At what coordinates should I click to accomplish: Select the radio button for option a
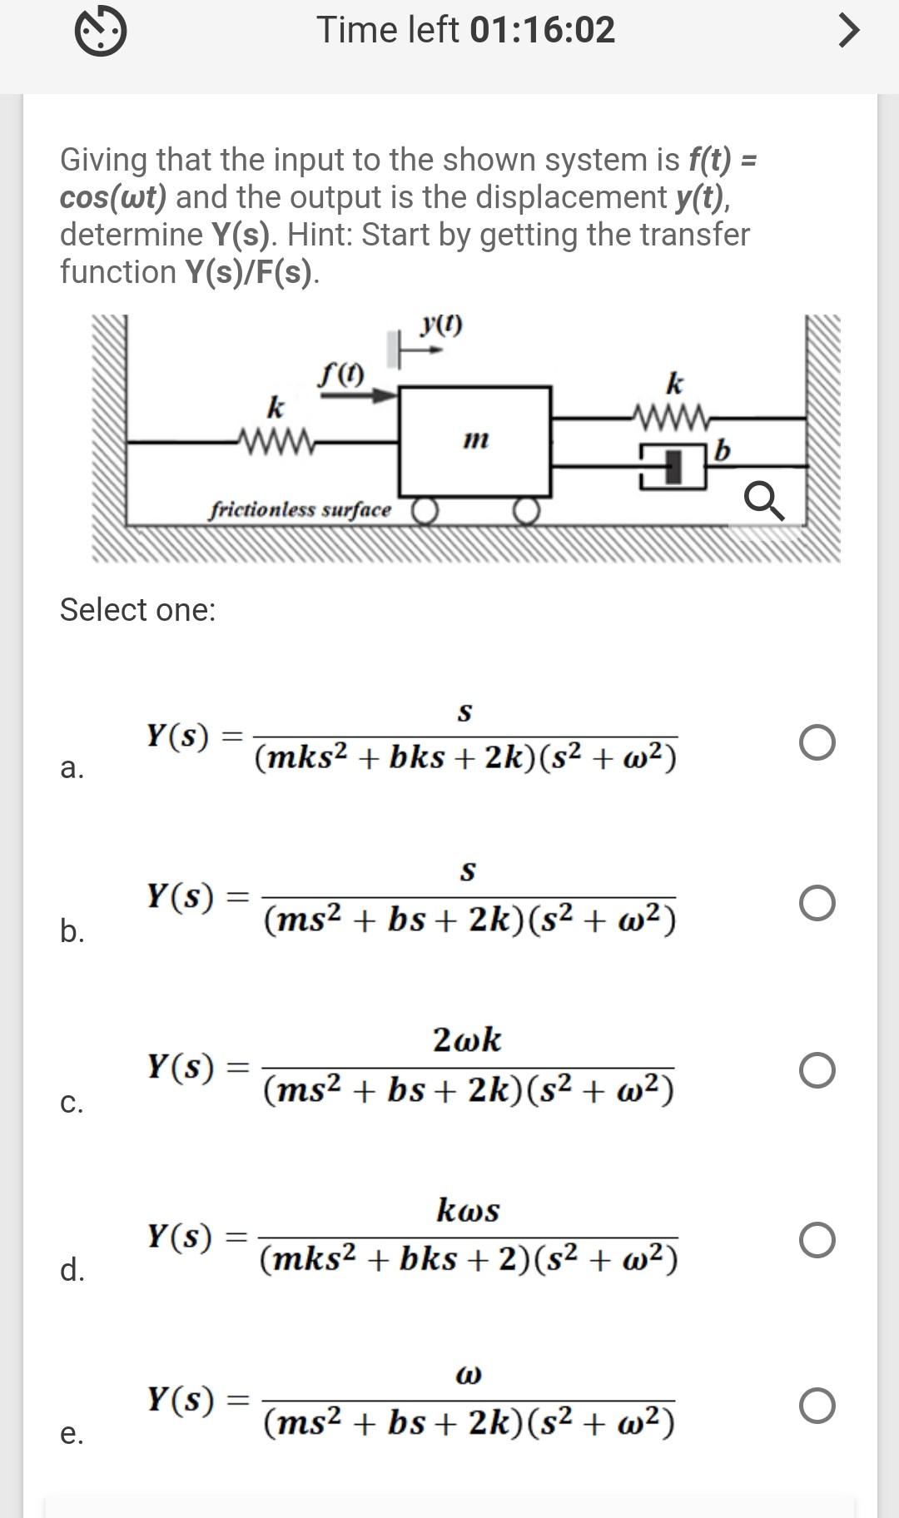pos(817,742)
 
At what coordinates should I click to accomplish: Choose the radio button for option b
pos(817,903)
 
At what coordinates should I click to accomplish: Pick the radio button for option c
pos(817,1070)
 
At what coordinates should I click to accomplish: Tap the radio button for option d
pos(817,1239)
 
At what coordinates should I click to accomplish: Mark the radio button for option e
pos(817,1406)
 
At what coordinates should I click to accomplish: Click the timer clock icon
pos(101,32)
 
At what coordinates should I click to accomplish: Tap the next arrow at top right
pos(847,31)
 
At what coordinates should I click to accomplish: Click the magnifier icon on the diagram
pos(763,502)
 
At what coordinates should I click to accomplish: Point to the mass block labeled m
pos(474,441)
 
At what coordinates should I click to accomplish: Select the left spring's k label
pos(275,408)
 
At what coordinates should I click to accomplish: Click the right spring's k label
pos(674,384)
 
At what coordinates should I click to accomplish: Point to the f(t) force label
pos(340,375)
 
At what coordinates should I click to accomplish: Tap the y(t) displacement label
pos(441,325)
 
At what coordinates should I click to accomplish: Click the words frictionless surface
pos(300,509)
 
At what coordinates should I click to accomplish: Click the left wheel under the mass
pos(425,511)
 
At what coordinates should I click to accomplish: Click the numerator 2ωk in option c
pos(467,1039)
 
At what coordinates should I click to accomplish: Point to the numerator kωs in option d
pos(468,1209)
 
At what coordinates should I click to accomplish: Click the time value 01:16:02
pos(542,30)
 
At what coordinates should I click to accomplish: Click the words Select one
pos(137,610)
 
